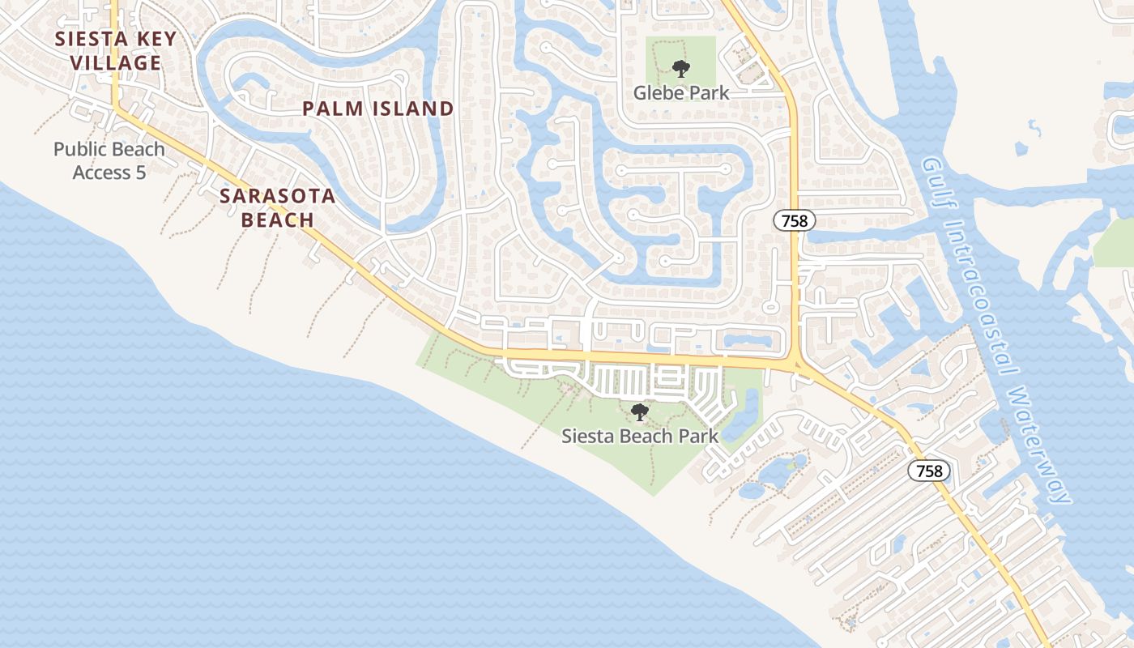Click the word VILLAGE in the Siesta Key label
pos(116,62)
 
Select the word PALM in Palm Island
pos(331,109)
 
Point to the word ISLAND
pos(412,109)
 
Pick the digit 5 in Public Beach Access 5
pos(140,172)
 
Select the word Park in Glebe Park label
pos(707,92)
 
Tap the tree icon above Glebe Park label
pos(681,69)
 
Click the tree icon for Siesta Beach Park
pos(640,412)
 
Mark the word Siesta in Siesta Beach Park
pos(588,436)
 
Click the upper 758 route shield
pos(795,220)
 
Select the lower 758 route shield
pos(928,471)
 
